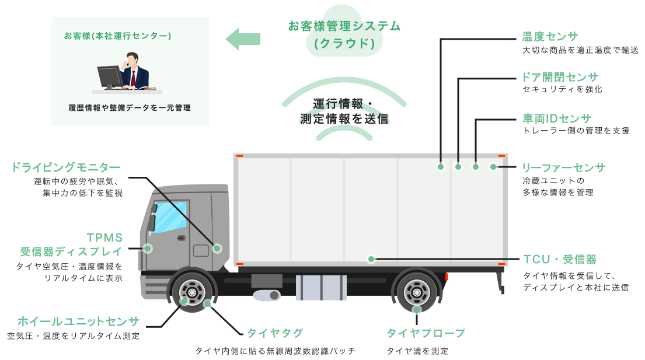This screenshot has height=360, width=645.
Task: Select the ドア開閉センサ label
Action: point(560,78)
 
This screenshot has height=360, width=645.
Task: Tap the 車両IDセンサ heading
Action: point(557,118)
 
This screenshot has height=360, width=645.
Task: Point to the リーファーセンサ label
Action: point(564,168)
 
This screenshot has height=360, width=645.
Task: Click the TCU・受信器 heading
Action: point(559,259)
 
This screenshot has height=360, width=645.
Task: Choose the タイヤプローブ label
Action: point(426,333)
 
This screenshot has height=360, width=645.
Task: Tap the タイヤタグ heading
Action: point(275,333)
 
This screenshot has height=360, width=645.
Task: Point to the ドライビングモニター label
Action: point(66,167)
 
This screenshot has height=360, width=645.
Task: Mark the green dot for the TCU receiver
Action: point(371,258)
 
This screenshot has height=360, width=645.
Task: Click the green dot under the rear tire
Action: point(417,310)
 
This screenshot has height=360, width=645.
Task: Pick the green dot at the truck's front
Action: point(148,249)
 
